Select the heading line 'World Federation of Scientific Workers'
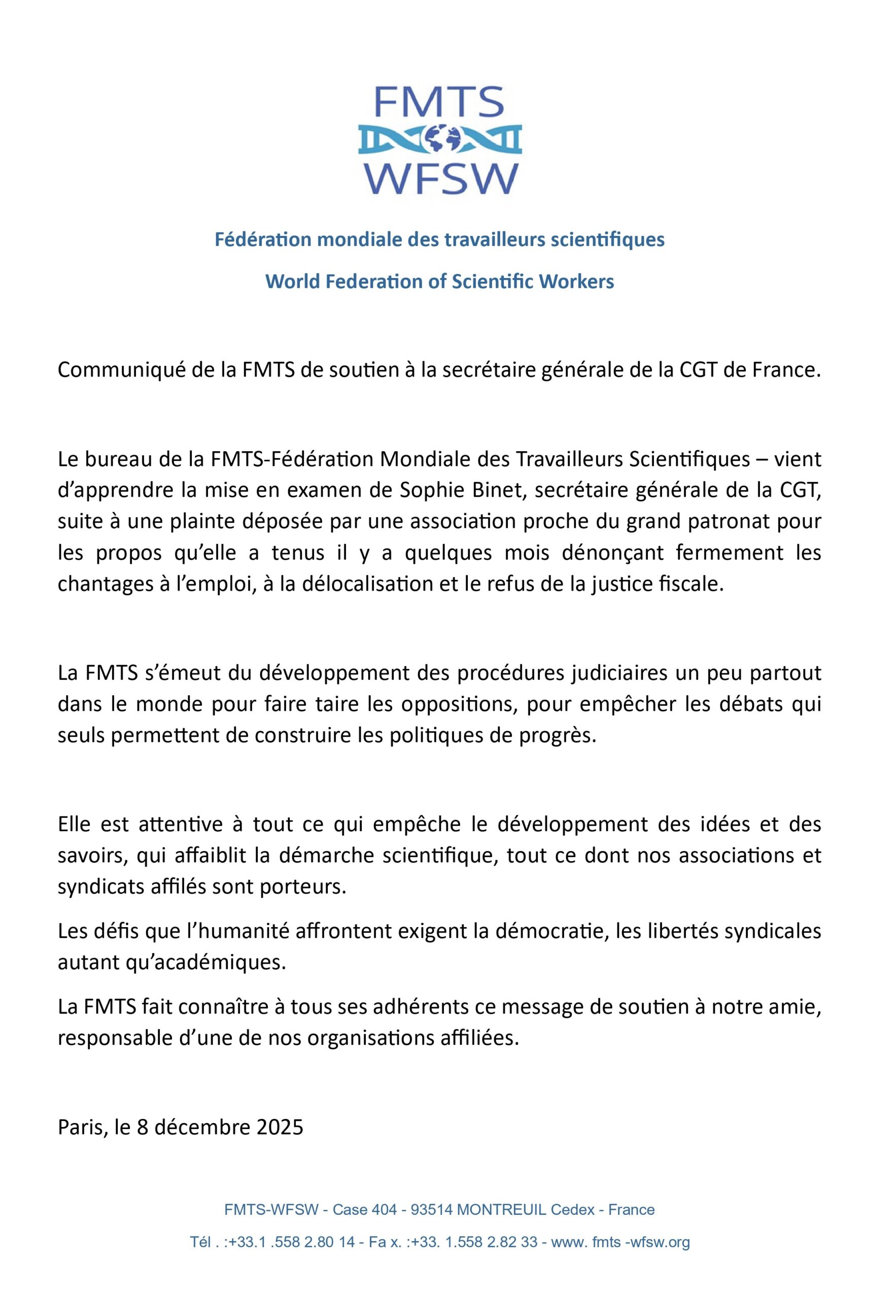pyautogui.click(x=439, y=282)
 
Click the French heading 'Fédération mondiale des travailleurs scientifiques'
pyautogui.click(x=439, y=241)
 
